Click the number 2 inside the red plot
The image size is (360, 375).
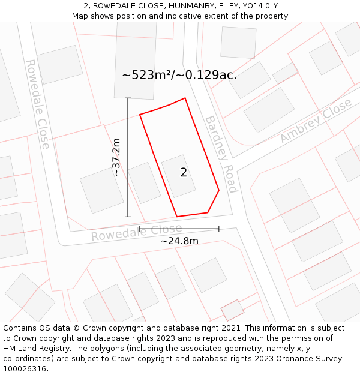click(184, 173)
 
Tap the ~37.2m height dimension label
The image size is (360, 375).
click(116, 157)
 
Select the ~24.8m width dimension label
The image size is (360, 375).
click(179, 241)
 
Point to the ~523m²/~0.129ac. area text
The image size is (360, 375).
click(179, 75)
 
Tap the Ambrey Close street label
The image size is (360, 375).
click(316, 121)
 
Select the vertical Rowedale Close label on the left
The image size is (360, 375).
click(37, 104)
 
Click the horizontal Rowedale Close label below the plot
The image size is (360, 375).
click(136, 233)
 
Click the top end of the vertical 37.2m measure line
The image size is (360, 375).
click(128, 98)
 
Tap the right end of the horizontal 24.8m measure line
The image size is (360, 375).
click(219, 229)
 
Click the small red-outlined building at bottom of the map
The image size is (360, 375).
click(233, 310)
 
